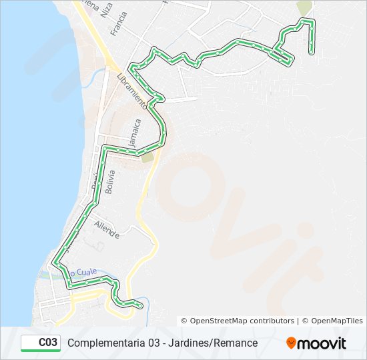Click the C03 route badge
[41, 343]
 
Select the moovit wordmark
[322, 343]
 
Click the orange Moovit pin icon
[291, 343]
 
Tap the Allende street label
[107, 230]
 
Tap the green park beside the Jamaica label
[147, 157]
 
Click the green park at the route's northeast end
[304, 8]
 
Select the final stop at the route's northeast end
[312, 51]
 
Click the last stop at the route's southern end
[140, 305]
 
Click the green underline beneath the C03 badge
[41, 351]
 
